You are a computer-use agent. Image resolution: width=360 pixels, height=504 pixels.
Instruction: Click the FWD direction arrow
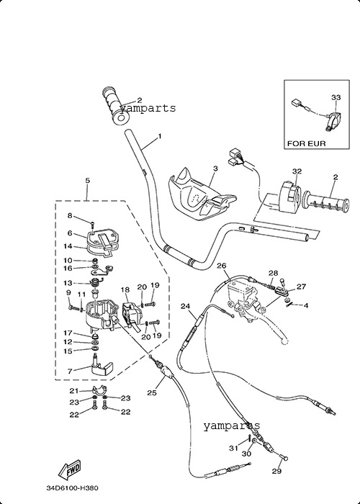[x=69, y=470]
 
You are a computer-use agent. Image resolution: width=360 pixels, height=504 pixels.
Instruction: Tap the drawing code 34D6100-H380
[x=72, y=488]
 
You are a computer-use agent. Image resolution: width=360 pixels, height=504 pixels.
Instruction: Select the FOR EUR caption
[x=306, y=143]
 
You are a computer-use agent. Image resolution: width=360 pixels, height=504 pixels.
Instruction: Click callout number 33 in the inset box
[x=336, y=97]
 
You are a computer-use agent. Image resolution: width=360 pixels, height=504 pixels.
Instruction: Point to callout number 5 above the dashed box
[x=87, y=180]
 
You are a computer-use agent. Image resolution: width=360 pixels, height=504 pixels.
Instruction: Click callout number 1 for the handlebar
[x=160, y=137]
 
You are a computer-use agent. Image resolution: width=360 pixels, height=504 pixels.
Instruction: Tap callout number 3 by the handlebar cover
[x=215, y=168]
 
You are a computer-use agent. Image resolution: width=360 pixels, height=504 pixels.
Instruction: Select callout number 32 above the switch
[x=297, y=171]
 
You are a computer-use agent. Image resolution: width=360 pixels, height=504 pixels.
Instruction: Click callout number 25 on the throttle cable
[x=152, y=392]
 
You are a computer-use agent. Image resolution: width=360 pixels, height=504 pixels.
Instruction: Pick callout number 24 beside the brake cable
[x=185, y=306]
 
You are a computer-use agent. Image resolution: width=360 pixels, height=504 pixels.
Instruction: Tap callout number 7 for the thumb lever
[x=70, y=371]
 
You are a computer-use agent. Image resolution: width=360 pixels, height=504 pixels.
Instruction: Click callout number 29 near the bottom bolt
[x=276, y=471]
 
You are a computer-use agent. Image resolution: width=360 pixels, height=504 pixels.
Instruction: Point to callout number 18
[x=125, y=289]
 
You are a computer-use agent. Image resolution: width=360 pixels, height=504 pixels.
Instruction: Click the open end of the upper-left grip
[x=121, y=118]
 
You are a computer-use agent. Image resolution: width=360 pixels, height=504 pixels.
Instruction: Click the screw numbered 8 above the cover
[x=92, y=225]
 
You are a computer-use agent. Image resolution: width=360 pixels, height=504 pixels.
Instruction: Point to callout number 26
[x=222, y=266]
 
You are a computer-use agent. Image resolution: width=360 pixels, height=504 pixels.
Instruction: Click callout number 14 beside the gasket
[x=68, y=246]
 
